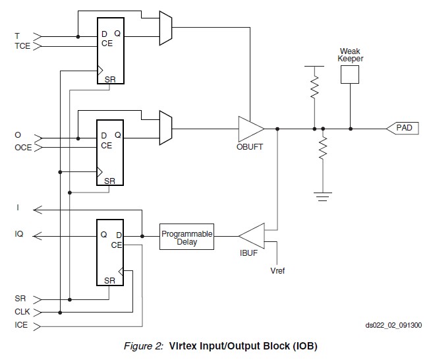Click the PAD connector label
point(404,127)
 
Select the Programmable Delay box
point(186,237)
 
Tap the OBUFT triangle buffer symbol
point(251,129)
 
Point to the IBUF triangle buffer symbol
point(252,236)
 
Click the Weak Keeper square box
point(350,75)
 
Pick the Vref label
point(277,271)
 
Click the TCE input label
point(22,45)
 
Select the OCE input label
point(23,148)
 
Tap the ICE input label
point(21,325)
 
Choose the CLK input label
point(22,312)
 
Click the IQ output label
point(19,234)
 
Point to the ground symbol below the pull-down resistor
point(323,196)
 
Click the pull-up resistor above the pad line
point(314,87)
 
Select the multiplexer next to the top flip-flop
point(166,28)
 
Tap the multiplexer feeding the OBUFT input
point(166,128)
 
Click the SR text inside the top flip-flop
point(110,79)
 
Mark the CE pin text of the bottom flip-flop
point(116,245)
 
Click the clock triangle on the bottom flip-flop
point(121,271)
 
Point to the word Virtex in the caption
point(183,346)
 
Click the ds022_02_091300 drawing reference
point(393,325)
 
